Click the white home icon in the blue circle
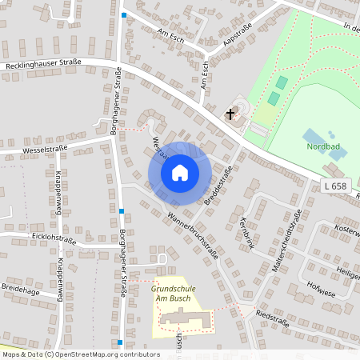click(180, 173)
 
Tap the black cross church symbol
click(231, 114)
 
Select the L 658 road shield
click(337, 186)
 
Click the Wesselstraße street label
click(45, 149)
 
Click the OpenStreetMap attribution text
click(80, 354)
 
